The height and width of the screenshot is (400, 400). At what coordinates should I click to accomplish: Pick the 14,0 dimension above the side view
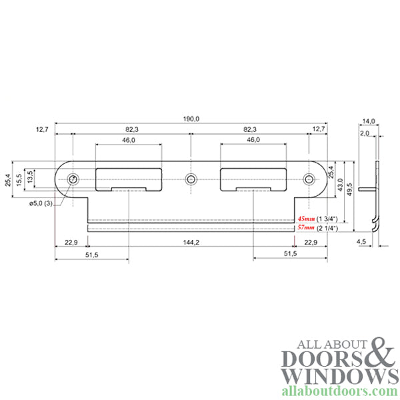click(369, 121)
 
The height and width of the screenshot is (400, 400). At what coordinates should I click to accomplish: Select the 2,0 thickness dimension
click(364, 133)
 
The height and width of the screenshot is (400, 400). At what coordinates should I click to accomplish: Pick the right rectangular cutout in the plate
click(253, 179)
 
